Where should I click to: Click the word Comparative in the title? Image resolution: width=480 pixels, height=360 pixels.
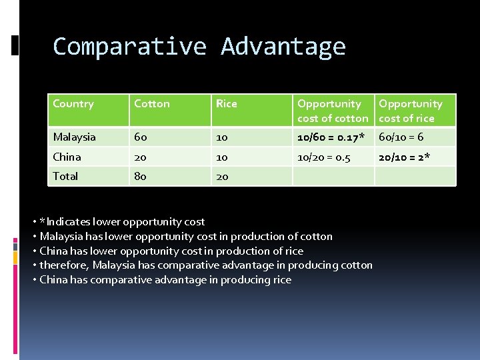coord(130,47)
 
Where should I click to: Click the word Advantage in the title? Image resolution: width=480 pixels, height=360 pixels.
coord(283,47)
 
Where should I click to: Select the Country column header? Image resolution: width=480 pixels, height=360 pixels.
coord(73,104)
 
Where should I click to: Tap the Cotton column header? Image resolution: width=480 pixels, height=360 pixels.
coord(152,104)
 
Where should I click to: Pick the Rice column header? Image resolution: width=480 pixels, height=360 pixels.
coord(226,104)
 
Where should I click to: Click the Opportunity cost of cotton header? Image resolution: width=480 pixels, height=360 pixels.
coord(332,111)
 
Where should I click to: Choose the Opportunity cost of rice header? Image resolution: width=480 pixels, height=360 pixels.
coord(410,111)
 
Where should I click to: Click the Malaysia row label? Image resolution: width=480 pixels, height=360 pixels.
coord(75,137)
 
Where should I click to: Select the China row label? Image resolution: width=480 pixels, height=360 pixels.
coord(67,157)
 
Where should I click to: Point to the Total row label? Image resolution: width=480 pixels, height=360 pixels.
coord(65,177)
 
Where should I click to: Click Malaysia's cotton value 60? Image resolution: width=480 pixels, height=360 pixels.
coord(141,137)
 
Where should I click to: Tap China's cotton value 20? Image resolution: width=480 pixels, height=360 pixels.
coord(141,157)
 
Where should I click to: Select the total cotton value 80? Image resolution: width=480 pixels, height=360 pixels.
coord(141,177)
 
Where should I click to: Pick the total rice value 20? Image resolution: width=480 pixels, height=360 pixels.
coord(221,177)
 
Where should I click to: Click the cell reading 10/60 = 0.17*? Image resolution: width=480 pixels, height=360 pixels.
coord(331,137)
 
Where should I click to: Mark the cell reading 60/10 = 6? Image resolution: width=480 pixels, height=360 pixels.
coord(401,137)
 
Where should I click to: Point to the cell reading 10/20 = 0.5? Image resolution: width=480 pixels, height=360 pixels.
coord(324,157)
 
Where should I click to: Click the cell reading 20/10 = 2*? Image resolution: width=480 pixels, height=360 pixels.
coord(405,157)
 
